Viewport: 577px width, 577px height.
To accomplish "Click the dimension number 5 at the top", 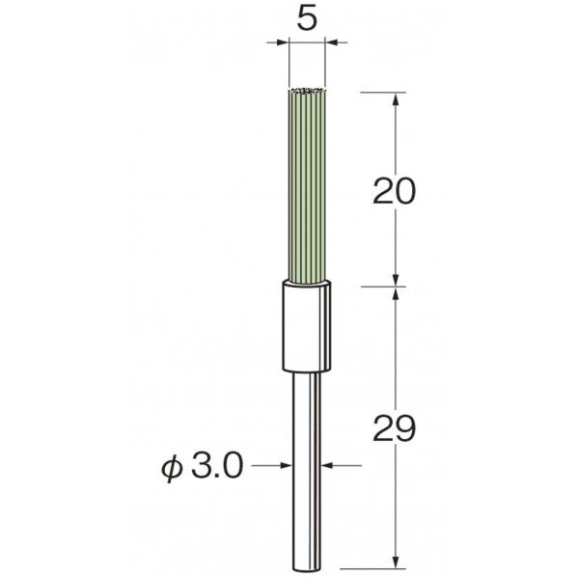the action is coord(307,18).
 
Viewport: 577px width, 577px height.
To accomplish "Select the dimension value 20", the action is coord(394,191).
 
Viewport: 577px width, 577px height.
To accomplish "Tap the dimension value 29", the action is coord(394,428).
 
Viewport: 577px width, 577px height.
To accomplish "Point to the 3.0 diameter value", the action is coord(217,466).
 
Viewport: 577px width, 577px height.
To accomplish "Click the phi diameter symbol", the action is coord(172,467).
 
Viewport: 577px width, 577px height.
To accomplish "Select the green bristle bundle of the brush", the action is coord(307,187).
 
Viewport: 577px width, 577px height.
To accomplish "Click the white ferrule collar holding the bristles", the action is coord(307,326).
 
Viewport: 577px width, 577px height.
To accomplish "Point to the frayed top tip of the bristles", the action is coord(307,91).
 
